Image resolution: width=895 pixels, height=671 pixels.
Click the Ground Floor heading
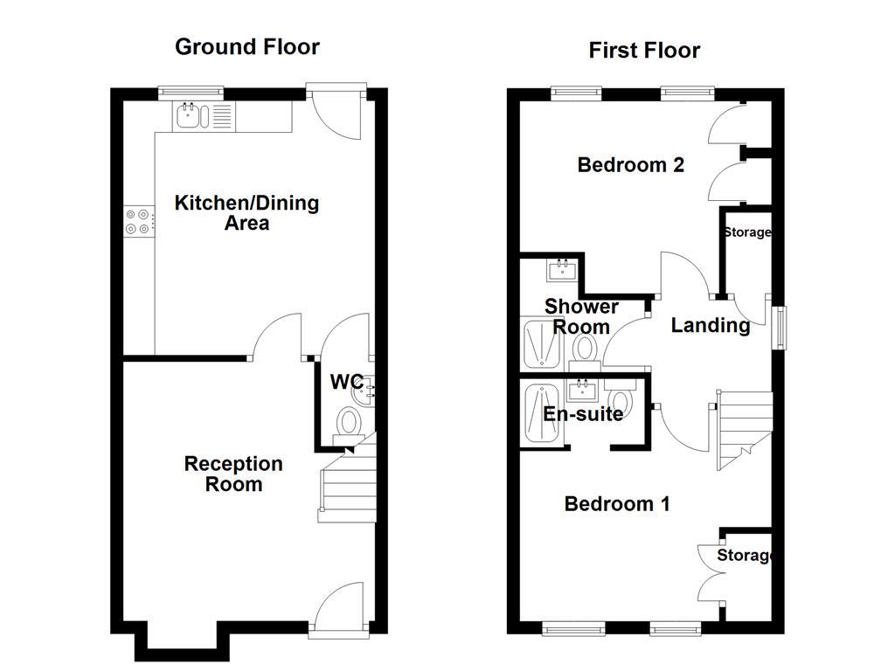247,46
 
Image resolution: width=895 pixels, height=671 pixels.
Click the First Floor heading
644,51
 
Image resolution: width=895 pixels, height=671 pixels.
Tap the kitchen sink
190,114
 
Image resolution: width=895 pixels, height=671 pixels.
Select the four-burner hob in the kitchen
138,220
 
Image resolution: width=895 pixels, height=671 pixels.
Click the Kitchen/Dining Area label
247,213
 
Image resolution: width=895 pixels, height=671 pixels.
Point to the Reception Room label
233,474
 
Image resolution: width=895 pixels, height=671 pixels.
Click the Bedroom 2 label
630,164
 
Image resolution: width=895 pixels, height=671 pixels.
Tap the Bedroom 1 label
617,504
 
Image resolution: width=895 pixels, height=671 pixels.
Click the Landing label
710,326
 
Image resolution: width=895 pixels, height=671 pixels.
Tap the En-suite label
583,413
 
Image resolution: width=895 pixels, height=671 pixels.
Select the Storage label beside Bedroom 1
745,556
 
